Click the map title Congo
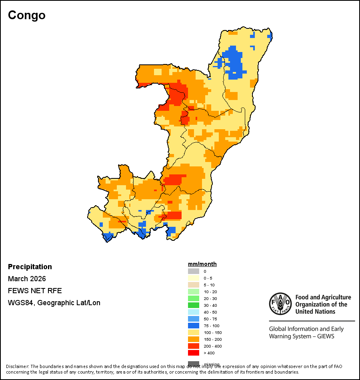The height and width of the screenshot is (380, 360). tap(27, 15)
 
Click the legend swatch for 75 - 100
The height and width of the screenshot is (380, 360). tap(194, 326)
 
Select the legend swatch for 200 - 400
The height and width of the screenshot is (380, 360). tap(194, 346)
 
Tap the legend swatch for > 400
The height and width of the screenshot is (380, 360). tap(194, 353)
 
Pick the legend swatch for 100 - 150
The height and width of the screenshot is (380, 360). tap(194, 332)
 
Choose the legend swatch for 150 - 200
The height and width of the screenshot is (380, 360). tap(194, 339)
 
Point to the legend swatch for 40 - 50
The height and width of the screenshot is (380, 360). tap(194, 312)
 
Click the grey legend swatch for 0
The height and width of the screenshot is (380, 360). tap(194, 271)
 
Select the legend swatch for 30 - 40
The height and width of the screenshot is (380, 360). tap(194, 305)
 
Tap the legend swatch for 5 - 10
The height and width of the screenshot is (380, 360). tap(194, 285)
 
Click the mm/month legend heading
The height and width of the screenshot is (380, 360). tap(202, 264)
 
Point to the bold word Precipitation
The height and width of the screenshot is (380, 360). tap(30, 267)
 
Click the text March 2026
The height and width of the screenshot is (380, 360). tap(27, 279)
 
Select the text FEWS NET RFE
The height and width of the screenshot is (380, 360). tap(35, 291)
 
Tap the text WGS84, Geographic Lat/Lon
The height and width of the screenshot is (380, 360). tap(54, 303)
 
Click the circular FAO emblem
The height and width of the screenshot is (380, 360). tap(280, 304)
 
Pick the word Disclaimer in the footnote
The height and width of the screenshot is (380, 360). tap(17, 366)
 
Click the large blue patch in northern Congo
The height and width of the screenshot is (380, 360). tap(234, 62)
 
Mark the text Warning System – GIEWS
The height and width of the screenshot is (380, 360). tap(302, 336)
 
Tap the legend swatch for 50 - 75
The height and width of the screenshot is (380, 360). tap(194, 319)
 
